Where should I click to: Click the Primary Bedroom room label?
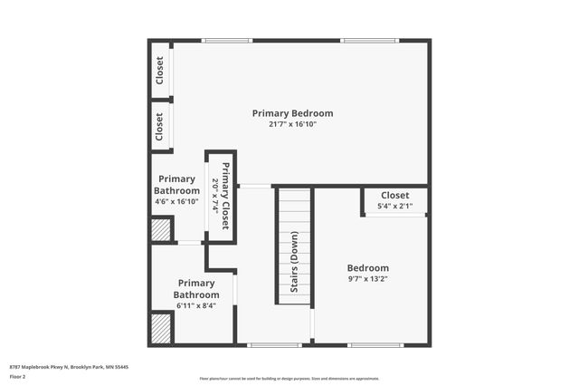point(292,113)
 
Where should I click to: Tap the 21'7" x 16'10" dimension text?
point(292,124)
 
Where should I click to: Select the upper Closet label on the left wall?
point(159,70)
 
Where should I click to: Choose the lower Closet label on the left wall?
point(159,126)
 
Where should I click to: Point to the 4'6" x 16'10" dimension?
point(177,201)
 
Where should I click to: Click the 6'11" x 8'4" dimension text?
point(196,305)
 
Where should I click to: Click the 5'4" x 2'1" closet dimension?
point(394,206)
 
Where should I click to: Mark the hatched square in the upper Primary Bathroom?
point(161,230)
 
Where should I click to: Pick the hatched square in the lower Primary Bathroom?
point(161,327)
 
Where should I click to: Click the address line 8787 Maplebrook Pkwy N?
point(69,366)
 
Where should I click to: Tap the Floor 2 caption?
point(18,375)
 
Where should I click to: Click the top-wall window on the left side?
point(226,40)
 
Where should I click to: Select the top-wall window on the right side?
point(369,40)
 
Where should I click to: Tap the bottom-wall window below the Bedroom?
point(375,344)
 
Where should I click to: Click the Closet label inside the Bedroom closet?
point(394,195)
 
